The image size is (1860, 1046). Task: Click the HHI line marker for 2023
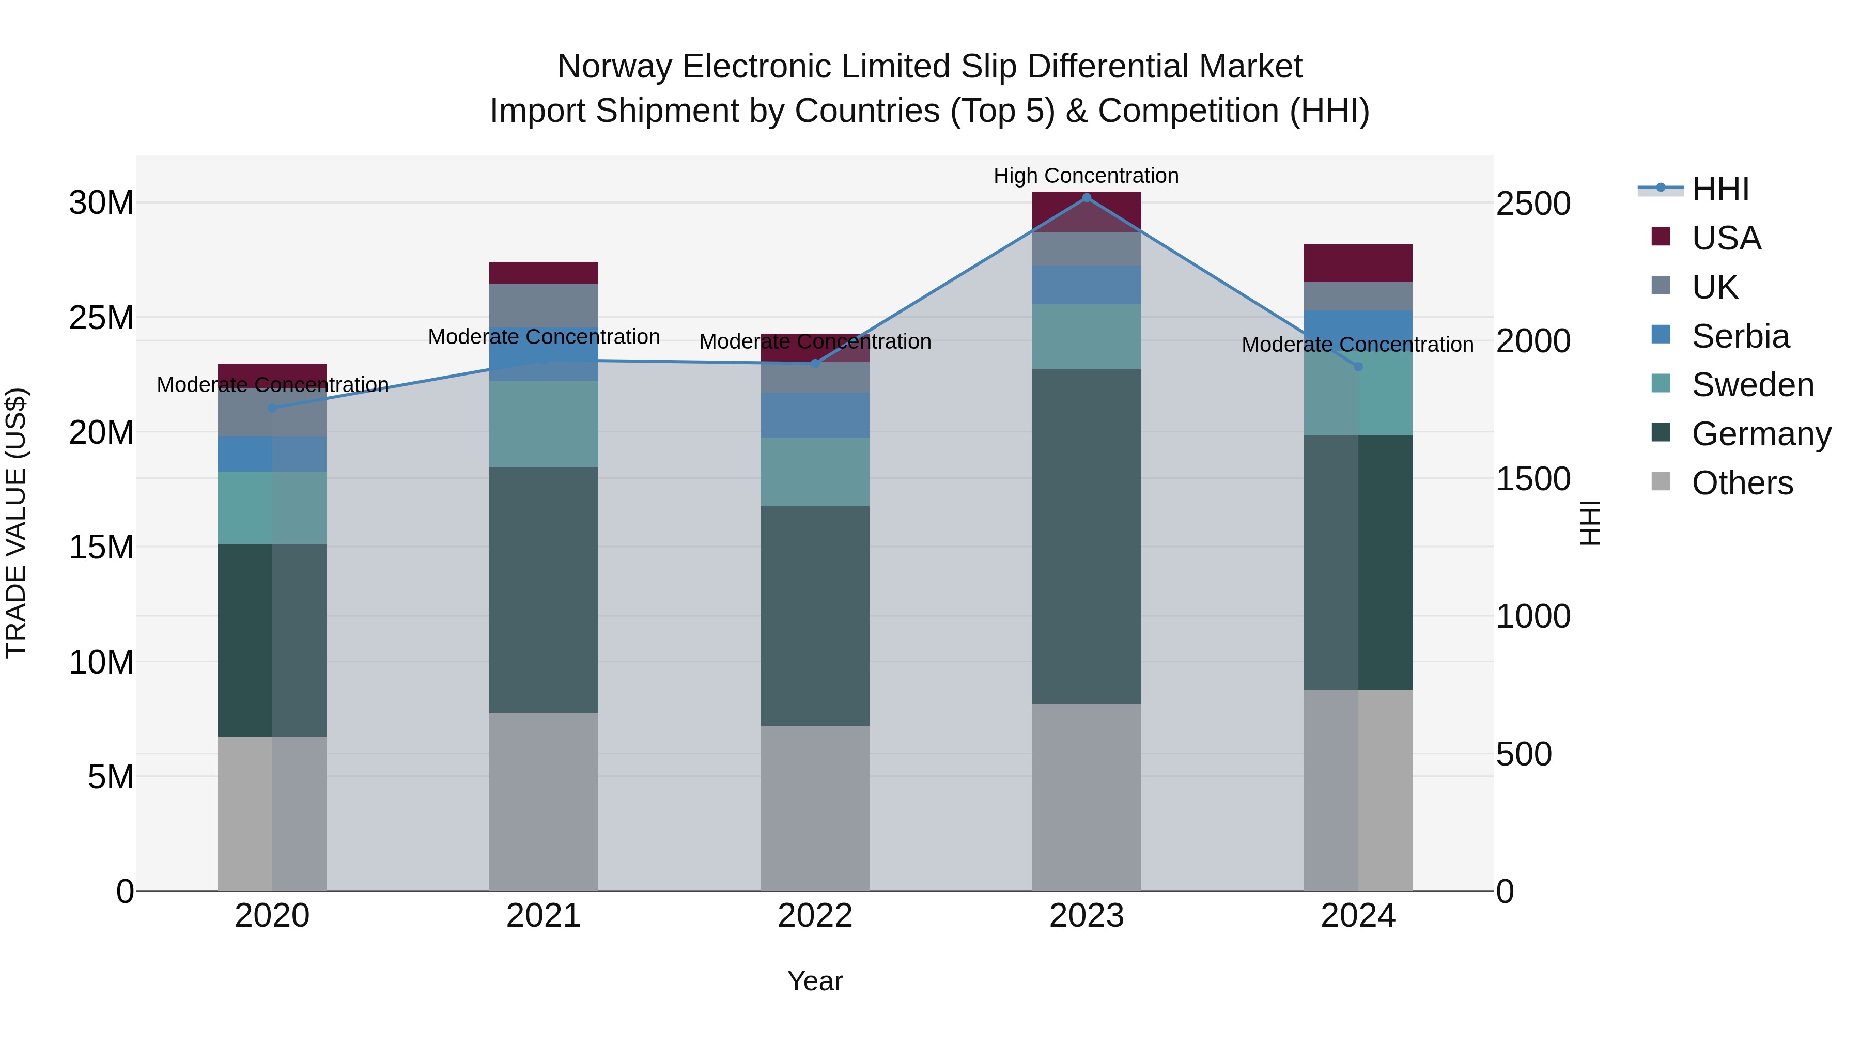pyautogui.click(x=1086, y=198)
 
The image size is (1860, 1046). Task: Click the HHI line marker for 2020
pyautogui.click(x=272, y=408)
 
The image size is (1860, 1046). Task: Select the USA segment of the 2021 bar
pyautogui.click(x=543, y=273)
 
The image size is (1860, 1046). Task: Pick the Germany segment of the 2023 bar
pyautogui.click(x=1086, y=536)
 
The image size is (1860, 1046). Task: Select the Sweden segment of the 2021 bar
pyautogui.click(x=543, y=424)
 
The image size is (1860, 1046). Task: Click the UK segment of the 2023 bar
pyautogui.click(x=1086, y=248)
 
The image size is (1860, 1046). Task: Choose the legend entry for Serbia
pyautogui.click(x=1740, y=336)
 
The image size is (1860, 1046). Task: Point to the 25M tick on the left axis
pyautogui.click(x=101, y=318)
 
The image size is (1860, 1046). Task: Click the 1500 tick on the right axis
pyautogui.click(x=1532, y=479)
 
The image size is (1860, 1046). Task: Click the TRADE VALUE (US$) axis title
pyautogui.click(x=16, y=523)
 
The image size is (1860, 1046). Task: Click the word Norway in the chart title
pyautogui.click(x=615, y=67)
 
